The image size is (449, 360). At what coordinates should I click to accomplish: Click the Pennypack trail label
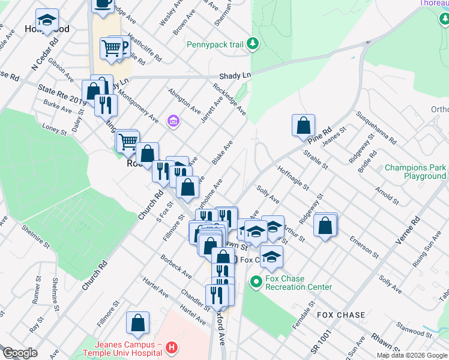tap(215, 44)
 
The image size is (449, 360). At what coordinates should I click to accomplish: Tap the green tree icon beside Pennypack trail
tap(253, 43)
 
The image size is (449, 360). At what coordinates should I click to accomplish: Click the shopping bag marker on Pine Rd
tap(304, 125)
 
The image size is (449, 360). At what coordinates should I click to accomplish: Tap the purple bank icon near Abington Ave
tap(174, 122)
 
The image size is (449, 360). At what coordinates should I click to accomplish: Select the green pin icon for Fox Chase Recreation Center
tap(256, 281)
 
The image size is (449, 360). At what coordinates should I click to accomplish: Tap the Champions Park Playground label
tap(416, 172)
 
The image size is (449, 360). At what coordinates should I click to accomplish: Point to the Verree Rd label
tap(405, 232)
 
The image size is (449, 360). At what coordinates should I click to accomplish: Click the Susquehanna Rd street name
tap(376, 128)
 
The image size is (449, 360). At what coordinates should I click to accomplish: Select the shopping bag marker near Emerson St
tap(325, 226)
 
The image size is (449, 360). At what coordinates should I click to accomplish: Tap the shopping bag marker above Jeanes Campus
tap(137, 323)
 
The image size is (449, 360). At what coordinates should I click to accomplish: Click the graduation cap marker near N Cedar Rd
tap(46, 20)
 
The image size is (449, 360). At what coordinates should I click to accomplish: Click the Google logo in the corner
tap(20, 353)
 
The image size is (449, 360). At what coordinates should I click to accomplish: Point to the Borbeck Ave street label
tap(176, 267)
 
